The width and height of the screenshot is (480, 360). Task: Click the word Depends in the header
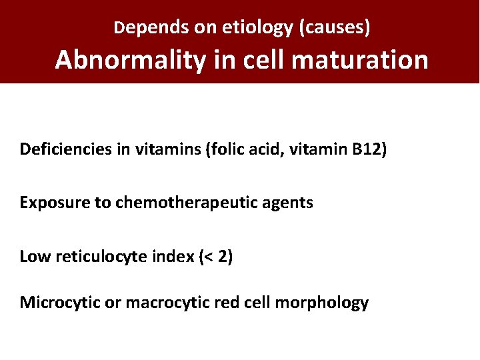tap(145, 28)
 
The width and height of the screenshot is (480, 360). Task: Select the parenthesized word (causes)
tap(335, 28)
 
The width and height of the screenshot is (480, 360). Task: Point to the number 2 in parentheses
tap(223, 257)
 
